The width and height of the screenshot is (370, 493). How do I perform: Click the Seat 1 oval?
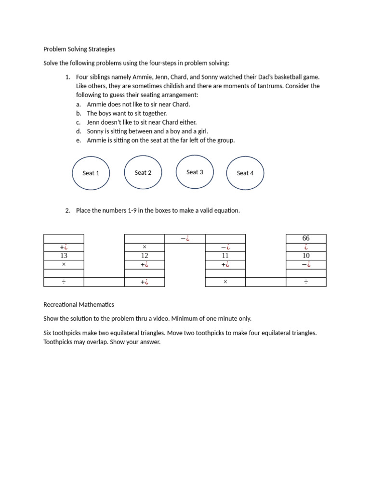(x=91, y=173)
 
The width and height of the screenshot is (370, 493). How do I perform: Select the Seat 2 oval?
(x=143, y=172)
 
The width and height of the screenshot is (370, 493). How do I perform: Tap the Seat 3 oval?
(x=195, y=172)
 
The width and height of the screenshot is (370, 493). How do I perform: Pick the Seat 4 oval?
(x=245, y=173)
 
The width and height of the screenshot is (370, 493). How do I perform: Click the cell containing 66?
(x=306, y=238)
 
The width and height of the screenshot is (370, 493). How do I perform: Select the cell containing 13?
(x=64, y=256)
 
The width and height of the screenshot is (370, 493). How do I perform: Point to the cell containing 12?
(x=145, y=256)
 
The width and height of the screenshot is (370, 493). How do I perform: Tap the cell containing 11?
(x=225, y=256)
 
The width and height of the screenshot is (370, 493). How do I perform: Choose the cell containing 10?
(x=306, y=256)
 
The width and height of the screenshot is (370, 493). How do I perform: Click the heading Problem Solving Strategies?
(x=79, y=49)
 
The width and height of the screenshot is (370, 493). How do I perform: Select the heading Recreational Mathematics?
(x=79, y=305)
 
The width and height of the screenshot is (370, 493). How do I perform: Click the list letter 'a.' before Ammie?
(x=79, y=104)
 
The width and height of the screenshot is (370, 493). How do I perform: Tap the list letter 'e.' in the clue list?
(x=79, y=141)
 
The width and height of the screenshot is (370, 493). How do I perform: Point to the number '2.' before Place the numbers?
(x=67, y=210)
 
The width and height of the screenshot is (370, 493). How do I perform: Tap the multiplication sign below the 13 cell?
(x=64, y=264)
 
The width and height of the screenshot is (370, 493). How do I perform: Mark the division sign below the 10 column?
(x=306, y=282)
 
